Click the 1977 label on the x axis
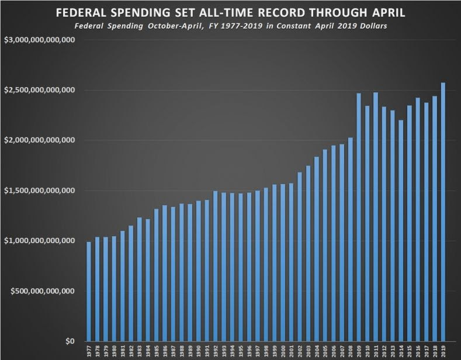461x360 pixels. (89, 351)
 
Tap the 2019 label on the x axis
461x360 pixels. (443, 351)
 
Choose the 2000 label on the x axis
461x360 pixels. (283, 351)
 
